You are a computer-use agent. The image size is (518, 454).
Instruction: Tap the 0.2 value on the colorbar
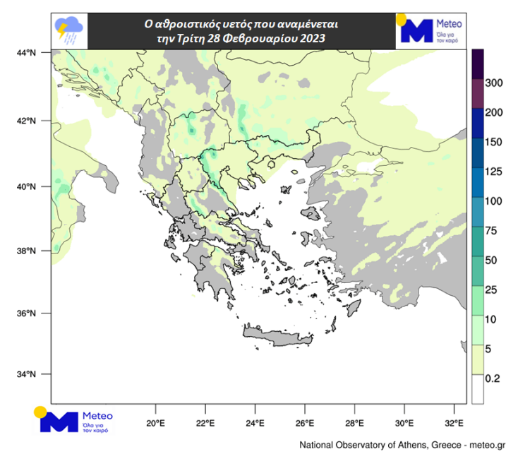(x=493, y=378)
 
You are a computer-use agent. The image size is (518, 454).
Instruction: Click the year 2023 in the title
(x=311, y=39)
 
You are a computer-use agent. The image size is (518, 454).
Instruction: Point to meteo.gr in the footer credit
(x=488, y=445)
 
